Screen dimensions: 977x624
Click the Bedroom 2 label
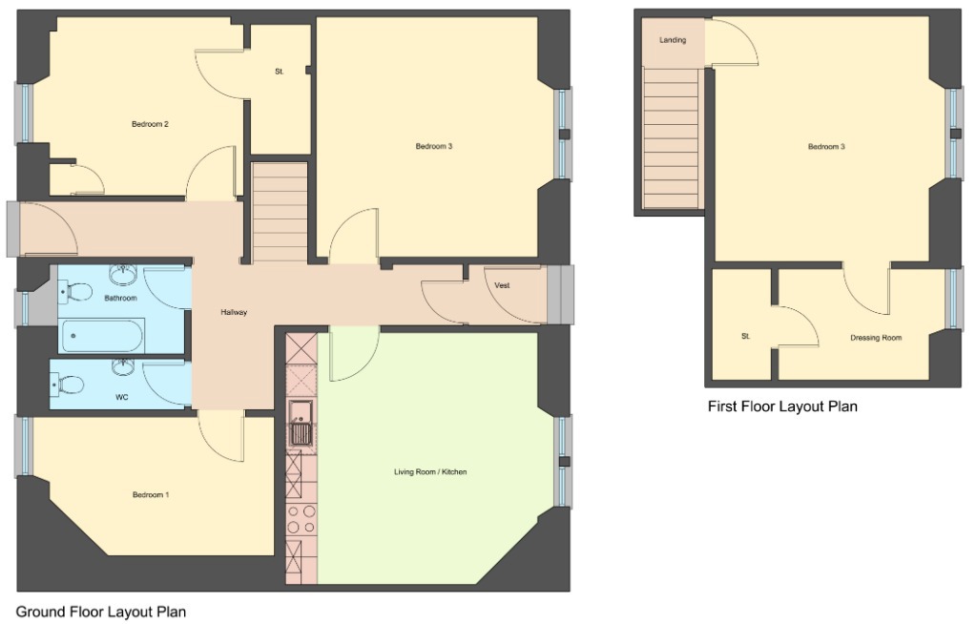pos(150,124)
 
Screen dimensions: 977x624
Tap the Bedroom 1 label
pos(151,495)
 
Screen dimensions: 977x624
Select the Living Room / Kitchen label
pos(430,472)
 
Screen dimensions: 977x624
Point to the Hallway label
pos(234,312)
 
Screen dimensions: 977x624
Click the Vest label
pos(502,285)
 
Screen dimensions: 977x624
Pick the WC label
pos(122,397)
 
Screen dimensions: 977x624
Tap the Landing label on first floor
pos(673,40)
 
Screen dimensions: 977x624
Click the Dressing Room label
pos(876,338)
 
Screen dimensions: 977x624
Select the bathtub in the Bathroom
pos(102,336)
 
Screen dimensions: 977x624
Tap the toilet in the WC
pos(67,385)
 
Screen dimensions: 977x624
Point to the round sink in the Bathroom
pos(123,273)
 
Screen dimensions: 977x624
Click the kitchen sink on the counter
pos(301,424)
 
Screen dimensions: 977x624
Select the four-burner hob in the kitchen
pos(301,519)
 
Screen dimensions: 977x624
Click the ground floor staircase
pos(281,212)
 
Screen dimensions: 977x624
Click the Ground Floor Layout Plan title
pos(100,612)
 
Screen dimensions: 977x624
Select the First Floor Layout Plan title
pos(782,406)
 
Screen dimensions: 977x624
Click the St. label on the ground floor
pos(280,72)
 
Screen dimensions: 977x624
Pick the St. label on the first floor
pos(746,337)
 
